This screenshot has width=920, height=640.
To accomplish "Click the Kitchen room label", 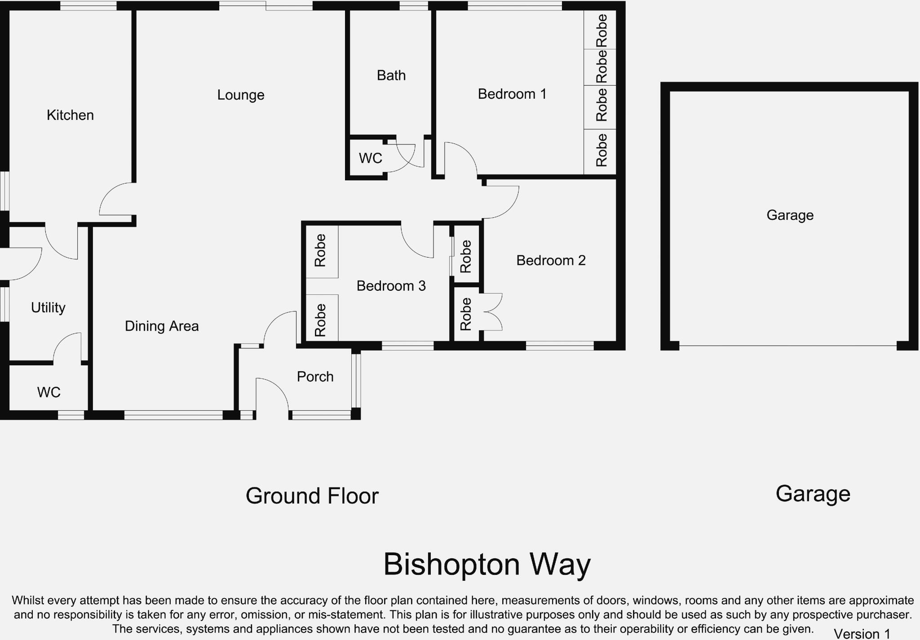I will (70, 115).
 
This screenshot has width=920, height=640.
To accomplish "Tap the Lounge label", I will (241, 95).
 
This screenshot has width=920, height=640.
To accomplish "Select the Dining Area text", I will (162, 326).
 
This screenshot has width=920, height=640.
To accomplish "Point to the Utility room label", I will (48, 308).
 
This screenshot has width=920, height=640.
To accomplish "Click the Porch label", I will (315, 377).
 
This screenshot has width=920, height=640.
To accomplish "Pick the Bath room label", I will (391, 75).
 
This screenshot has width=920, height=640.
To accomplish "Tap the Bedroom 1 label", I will (512, 94).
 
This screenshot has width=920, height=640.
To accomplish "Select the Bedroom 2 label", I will (551, 261).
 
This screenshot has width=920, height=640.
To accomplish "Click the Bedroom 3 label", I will (391, 286).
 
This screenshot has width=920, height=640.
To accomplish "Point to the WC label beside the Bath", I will (370, 158).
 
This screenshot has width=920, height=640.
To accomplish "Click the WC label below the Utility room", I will (49, 393).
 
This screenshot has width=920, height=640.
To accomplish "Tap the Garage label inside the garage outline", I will (790, 215).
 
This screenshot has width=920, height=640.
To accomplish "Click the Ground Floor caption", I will (312, 496).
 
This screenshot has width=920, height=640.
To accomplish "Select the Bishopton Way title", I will (487, 564).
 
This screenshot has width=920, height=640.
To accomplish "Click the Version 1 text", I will (862, 633).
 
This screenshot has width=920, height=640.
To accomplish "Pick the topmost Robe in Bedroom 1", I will (601, 31).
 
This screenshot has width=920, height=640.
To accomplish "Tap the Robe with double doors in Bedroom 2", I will (466, 314).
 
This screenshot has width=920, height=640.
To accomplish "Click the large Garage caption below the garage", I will (813, 494).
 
